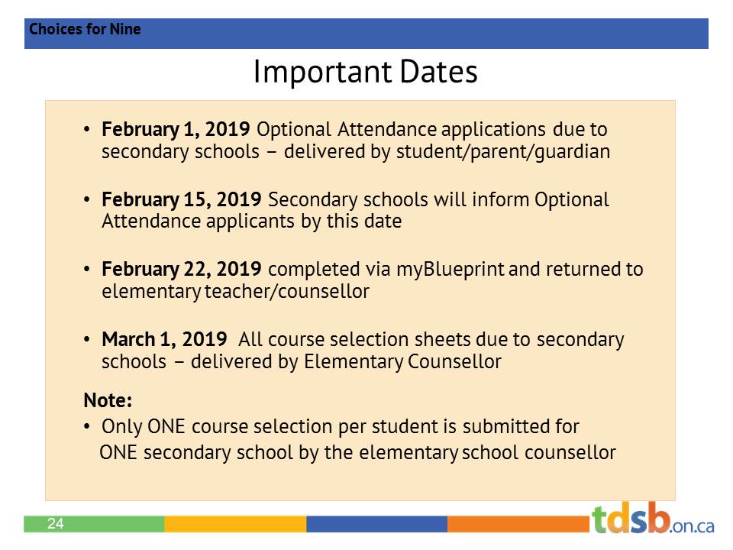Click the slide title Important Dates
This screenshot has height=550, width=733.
coord(365,73)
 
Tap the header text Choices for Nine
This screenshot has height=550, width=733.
coord(85,30)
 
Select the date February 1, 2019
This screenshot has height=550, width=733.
coord(176,129)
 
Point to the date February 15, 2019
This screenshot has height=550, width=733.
coord(182,199)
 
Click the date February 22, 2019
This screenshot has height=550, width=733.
coord(182,270)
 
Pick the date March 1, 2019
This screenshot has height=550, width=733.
coord(163,339)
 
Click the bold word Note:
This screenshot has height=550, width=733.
coord(108,400)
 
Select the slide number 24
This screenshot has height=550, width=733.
coord(55,524)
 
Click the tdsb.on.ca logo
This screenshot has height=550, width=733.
coord(653,519)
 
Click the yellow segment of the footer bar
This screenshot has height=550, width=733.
coord(235,524)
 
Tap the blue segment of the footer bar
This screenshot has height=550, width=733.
coord(376,524)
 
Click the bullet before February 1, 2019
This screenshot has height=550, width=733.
coord(87,129)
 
